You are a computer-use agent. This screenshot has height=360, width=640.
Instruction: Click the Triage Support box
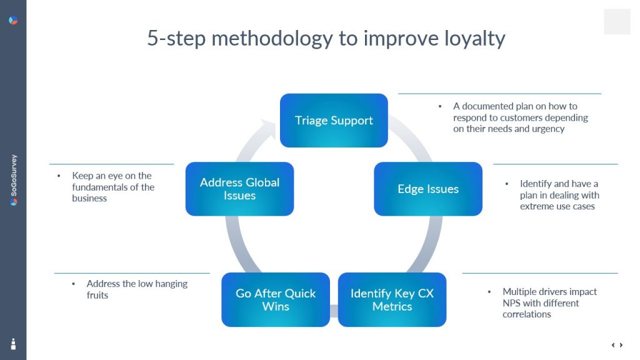(334, 121)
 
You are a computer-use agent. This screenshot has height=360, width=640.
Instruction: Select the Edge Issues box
(428, 189)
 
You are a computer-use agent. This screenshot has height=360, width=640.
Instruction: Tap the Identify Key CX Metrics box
(392, 300)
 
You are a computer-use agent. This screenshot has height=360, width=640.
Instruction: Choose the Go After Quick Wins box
(276, 300)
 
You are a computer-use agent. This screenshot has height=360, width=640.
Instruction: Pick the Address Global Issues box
(239, 189)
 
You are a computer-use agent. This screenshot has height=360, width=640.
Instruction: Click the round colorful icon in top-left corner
(13, 21)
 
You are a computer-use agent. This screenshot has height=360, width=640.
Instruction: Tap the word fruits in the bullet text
(97, 295)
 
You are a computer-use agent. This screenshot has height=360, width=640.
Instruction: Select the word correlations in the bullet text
(527, 314)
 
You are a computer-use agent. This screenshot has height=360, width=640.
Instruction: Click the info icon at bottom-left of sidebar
(13, 344)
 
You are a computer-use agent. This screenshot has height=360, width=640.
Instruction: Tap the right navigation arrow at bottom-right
(621, 345)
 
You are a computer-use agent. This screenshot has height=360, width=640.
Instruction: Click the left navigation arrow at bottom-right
(613, 345)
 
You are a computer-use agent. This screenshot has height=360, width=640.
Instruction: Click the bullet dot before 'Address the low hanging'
(73, 284)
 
